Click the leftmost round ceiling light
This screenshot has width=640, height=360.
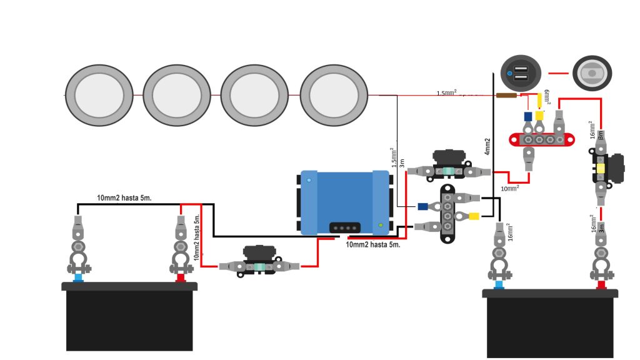click(x=99, y=94)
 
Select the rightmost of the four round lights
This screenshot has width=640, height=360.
click(x=332, y=94)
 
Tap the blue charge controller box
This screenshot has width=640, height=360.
click(x=345, y=202)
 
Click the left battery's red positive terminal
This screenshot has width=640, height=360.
click(x=180, y=277)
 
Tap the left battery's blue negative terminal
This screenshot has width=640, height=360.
click(x=78, y=277)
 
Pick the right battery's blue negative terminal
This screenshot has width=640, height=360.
click(x=499, y=284)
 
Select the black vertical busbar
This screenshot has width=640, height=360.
click(x=447, y=212)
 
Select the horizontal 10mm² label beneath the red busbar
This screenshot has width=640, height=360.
click(x=510, y=187)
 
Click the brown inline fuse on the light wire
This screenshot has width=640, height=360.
click(x=506, y=96)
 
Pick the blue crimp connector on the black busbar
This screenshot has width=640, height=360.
click(x=423, y=206)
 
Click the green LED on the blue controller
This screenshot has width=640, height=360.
click(x=380, y=224)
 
